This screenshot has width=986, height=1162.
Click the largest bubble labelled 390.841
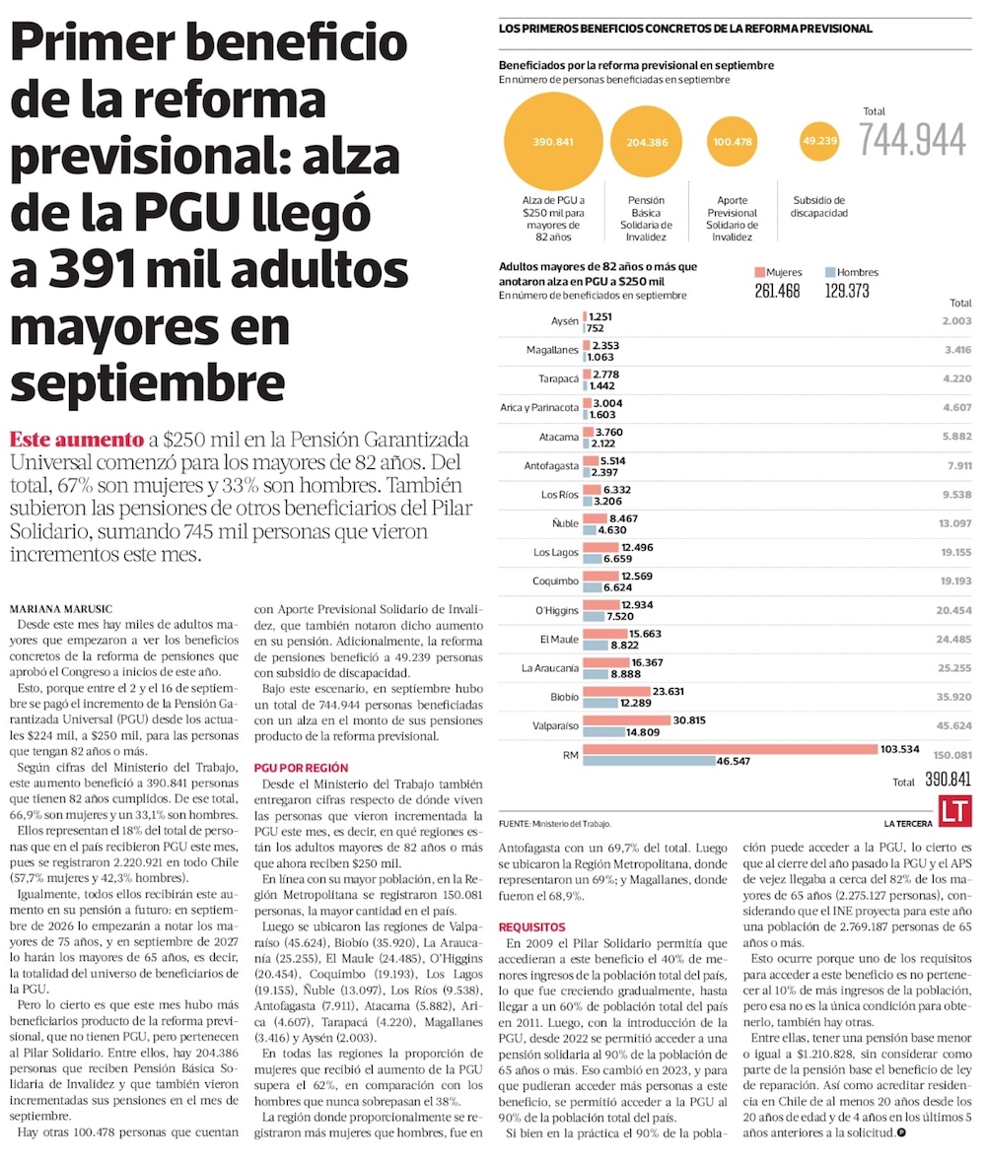tap(553, 142)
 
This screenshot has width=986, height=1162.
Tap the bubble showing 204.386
tap(646, 142)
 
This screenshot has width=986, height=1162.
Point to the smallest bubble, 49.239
tap(820, 141)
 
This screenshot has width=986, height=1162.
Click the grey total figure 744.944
tap(912, 142)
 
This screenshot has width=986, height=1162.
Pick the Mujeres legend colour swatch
tap(759, 272)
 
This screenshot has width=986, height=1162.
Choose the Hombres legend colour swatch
tap(830, 272)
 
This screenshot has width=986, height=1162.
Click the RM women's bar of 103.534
tap(730, 749)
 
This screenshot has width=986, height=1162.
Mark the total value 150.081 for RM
tap(951, 755)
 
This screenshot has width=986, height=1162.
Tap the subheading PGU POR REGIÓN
tap(301, 767)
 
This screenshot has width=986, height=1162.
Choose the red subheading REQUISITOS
tap(531, 926)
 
